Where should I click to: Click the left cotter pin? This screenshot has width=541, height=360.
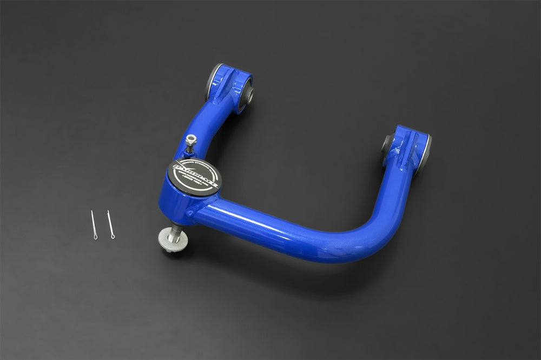[94, 223]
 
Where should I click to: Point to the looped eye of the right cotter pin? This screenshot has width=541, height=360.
[113, 236]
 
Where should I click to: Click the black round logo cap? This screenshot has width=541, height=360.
[194, 176]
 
